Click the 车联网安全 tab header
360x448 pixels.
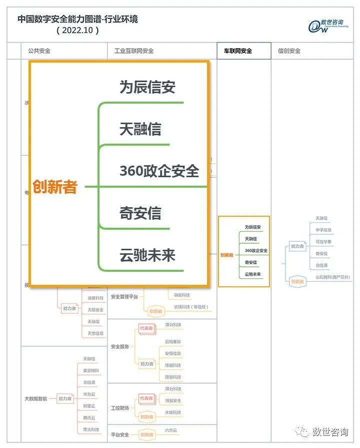click(237, 51)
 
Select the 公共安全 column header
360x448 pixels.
click(38, 51)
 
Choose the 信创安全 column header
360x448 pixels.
click(289, 51)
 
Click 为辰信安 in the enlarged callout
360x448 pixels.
click(147, 88)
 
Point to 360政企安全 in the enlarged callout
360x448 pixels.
click(159, 171)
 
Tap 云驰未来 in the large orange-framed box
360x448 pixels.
click(147, 256)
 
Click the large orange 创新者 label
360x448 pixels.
click(55, 187)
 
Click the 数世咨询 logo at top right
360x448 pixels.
click(328, 26)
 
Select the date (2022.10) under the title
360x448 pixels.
click(77, 31)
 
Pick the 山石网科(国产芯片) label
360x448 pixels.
click(332, 277)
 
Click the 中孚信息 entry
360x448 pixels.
click(323, 230)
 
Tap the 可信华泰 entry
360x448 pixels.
click(323, 242)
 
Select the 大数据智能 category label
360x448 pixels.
click(36, 399)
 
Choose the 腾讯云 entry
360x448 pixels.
click(89, 417)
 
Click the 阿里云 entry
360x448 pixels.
click(89, 406)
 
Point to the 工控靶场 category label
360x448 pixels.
click(120, 408)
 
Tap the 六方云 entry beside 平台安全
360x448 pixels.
click(171, 430)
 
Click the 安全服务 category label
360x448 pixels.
click(120, 346)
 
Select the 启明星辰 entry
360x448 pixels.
click(173, 341)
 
